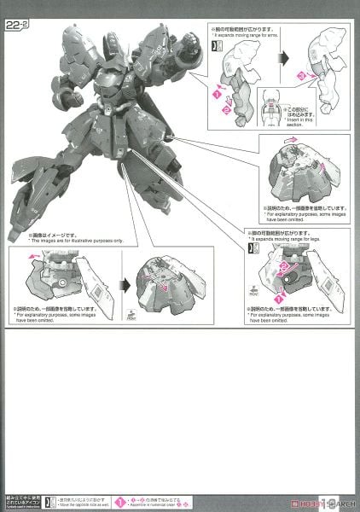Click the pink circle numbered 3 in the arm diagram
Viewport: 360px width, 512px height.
(x=301, y=75)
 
